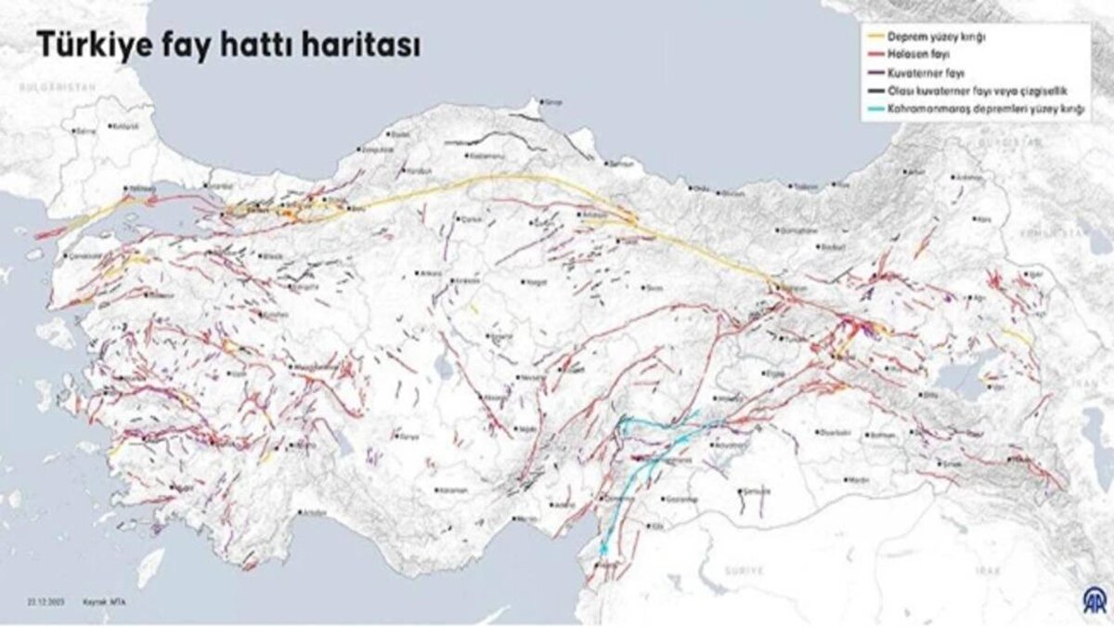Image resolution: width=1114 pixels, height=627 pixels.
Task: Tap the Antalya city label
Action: pyautogui.click(x=313, y=512)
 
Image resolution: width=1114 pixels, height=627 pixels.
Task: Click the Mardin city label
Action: pyautogui.click(x=858, y=480)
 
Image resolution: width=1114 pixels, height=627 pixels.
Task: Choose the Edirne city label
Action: pyautogui.click(x=85, y=132)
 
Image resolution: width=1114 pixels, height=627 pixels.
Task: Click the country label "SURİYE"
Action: pyautogui.click(x=743, y=569)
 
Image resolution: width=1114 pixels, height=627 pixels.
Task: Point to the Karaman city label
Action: pyautogui.click(x=453, y=490)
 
